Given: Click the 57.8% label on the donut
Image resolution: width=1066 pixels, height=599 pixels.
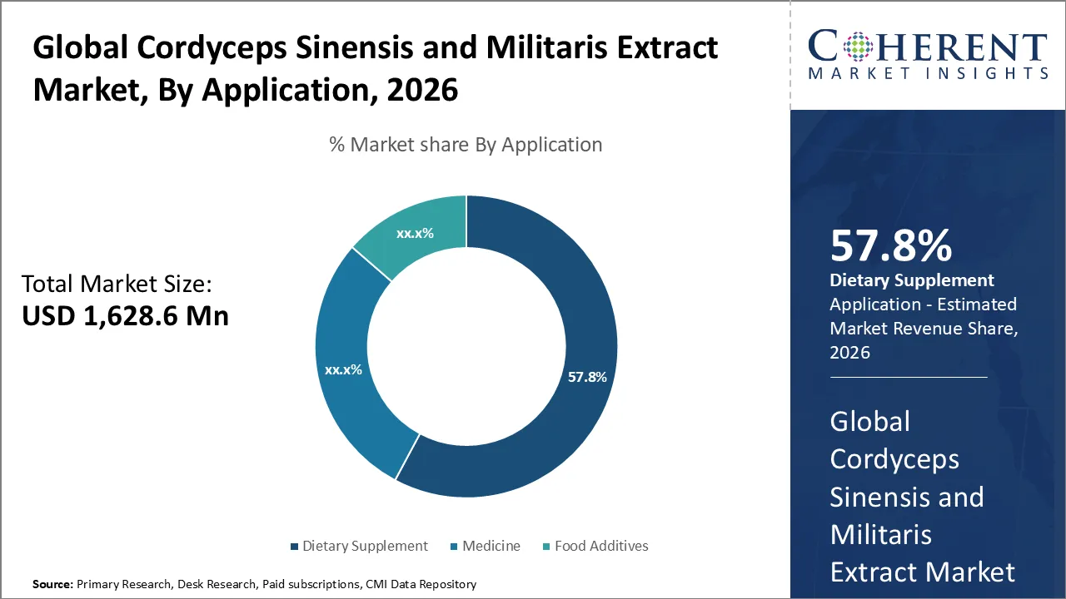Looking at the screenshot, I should pyautogui.click(x=587, y=377).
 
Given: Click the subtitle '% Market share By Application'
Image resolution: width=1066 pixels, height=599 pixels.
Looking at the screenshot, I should pyautogui.click(x=466, y=145).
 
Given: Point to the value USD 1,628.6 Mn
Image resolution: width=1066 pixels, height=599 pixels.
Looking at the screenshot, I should pyautogui.click(x=125, y=316).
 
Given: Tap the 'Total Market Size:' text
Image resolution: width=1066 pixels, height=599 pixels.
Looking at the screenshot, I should pyautogui.click(x=117, y=285).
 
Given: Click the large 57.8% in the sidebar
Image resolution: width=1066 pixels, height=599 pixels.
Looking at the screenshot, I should pyautogui.click(x=891, y=246).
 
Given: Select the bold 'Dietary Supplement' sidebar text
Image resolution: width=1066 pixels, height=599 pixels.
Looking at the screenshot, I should pyautogui.click(x=912, y=280).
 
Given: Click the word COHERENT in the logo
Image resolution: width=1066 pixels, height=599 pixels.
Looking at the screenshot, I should pyautogui.click(x=927, y=47).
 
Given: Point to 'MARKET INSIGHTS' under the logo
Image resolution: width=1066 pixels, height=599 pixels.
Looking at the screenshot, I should pyautogui.click(x=927, y=73).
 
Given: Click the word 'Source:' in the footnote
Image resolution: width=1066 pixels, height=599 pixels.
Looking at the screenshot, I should pyautogui.click(x=52, y=585).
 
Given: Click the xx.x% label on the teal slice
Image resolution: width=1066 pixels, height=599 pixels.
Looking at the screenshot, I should pyautogui.click(x=415, y=234).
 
